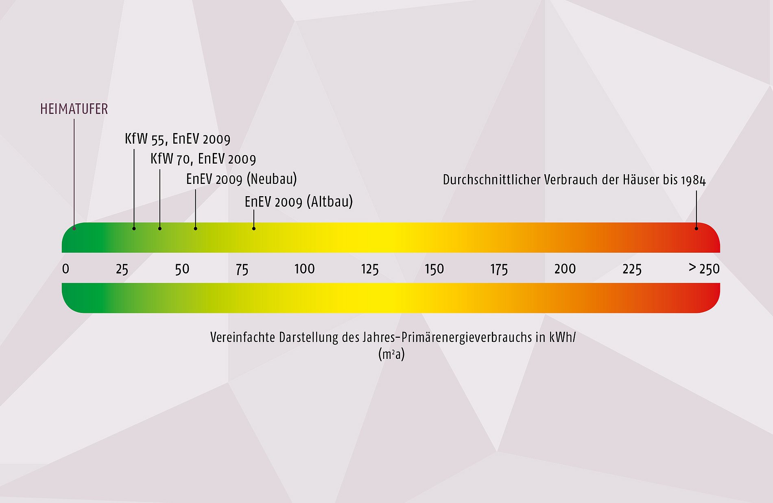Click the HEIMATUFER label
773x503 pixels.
74,109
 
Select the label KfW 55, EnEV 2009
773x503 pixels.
177,139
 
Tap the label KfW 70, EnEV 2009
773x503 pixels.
203,159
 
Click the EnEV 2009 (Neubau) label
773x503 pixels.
241,179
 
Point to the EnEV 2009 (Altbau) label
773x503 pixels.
299,202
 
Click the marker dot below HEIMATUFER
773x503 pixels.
74,228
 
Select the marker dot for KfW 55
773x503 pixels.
134,228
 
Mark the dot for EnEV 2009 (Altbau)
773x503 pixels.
254,228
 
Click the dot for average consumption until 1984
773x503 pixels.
696,228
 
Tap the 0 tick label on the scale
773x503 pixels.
66,269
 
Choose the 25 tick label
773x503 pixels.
122,269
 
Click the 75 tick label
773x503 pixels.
242,269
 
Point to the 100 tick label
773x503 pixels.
304,269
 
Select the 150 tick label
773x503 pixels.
434,269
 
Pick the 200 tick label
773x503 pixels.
565,269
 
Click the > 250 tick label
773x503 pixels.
704,269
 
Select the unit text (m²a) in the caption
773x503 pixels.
391,354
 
